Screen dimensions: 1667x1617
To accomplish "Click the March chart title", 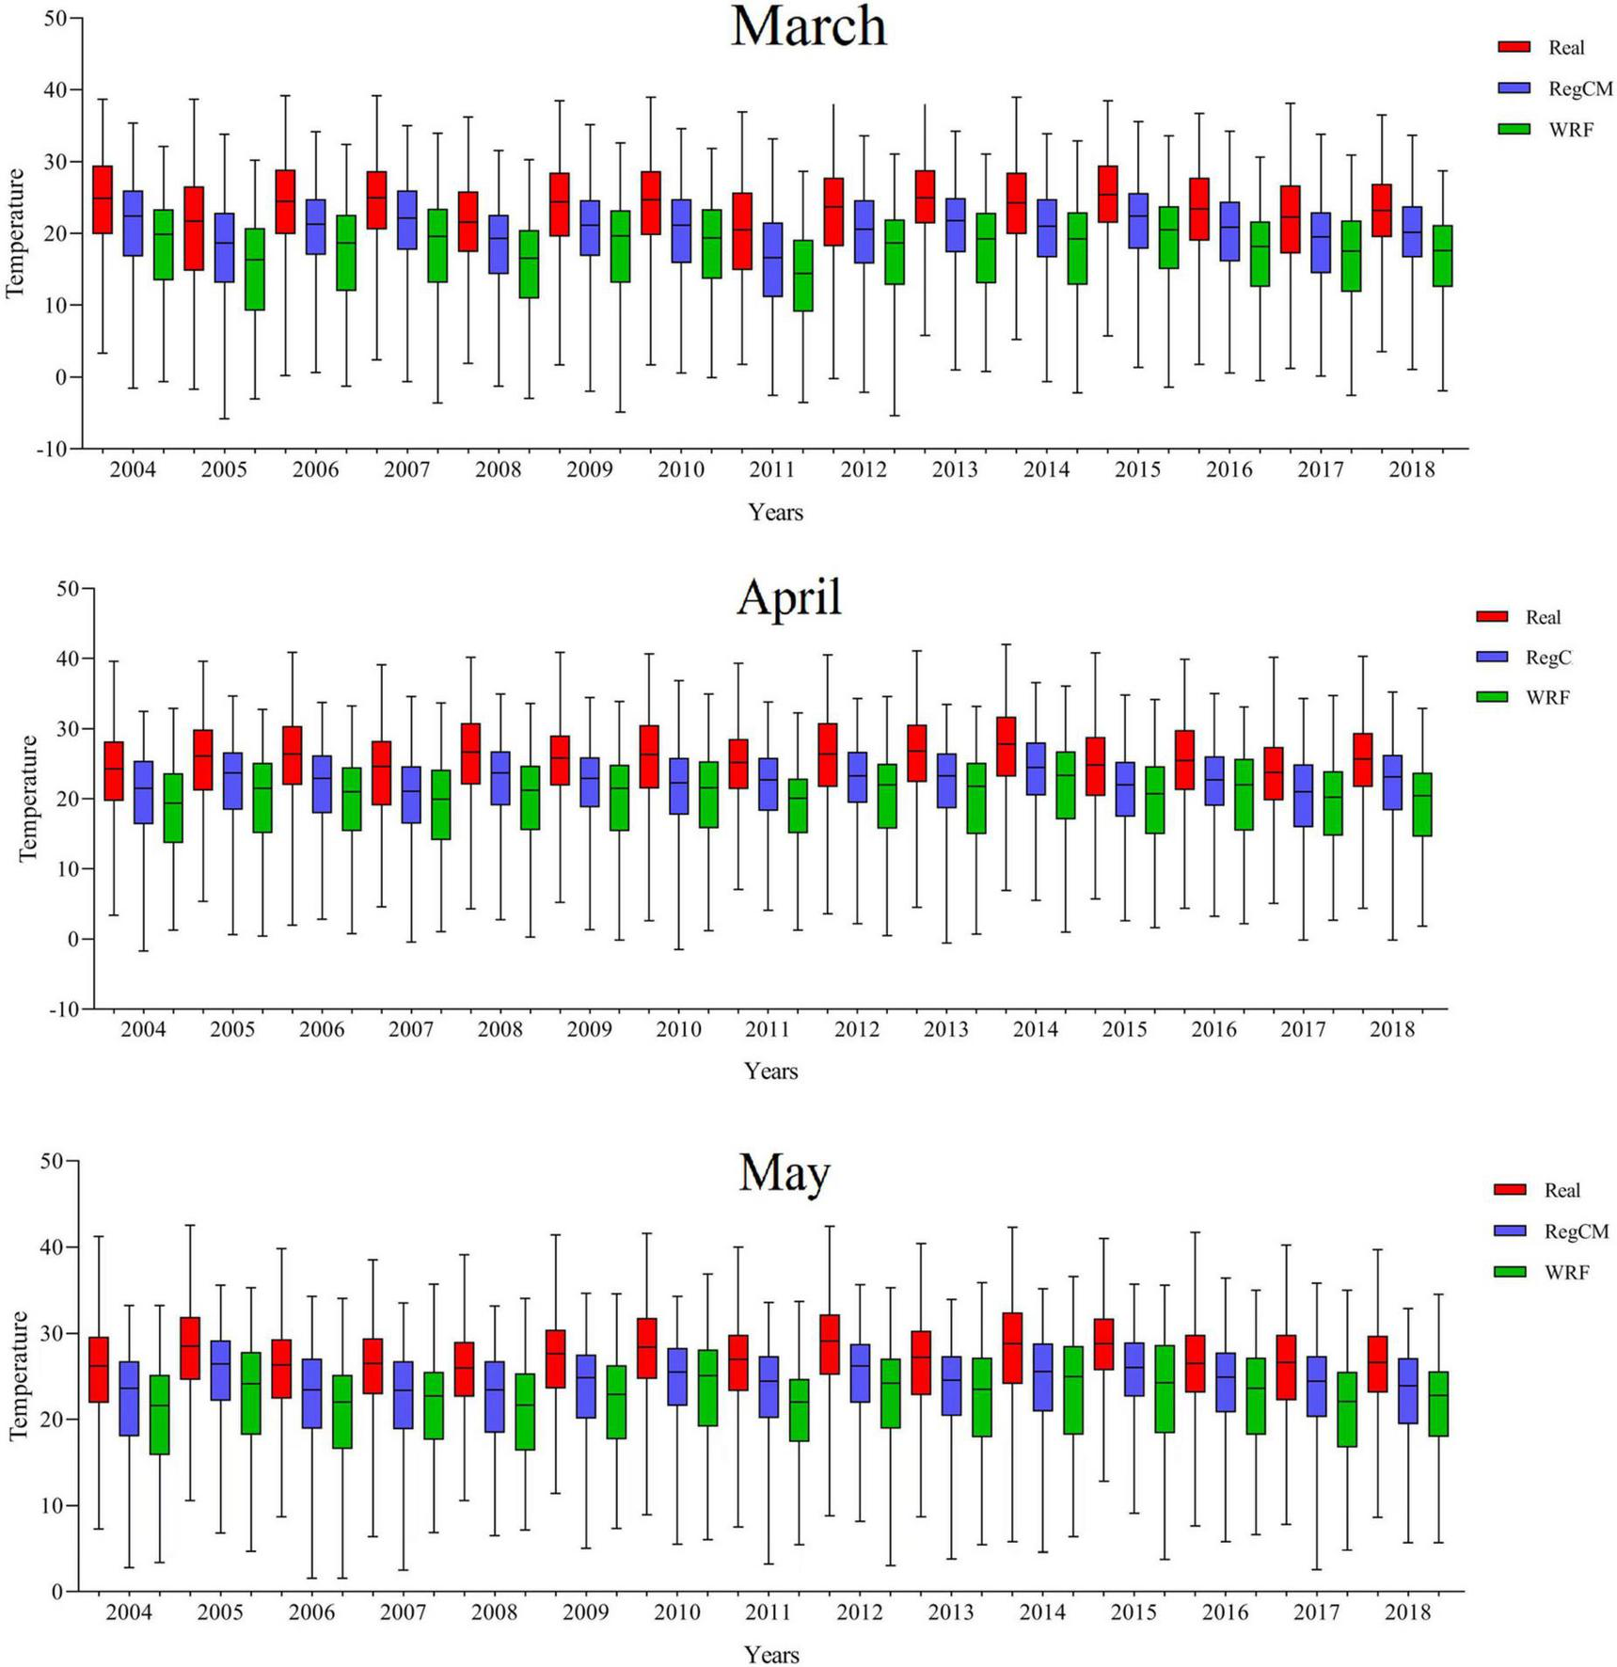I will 808,26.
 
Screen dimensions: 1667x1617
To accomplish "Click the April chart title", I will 788,596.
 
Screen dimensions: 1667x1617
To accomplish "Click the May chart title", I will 784,1172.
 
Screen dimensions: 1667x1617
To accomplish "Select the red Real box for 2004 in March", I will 103,199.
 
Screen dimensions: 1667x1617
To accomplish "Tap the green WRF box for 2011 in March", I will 802,276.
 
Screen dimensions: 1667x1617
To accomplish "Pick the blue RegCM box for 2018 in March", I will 1411,231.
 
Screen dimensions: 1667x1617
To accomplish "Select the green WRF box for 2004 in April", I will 173,807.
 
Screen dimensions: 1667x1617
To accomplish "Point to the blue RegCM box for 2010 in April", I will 678,786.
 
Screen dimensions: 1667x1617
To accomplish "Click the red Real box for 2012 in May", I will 829,1344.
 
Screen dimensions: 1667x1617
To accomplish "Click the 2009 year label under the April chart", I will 589,1029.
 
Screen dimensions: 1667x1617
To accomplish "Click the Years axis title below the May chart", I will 771,1654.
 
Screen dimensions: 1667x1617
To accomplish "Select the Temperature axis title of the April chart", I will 28,798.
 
